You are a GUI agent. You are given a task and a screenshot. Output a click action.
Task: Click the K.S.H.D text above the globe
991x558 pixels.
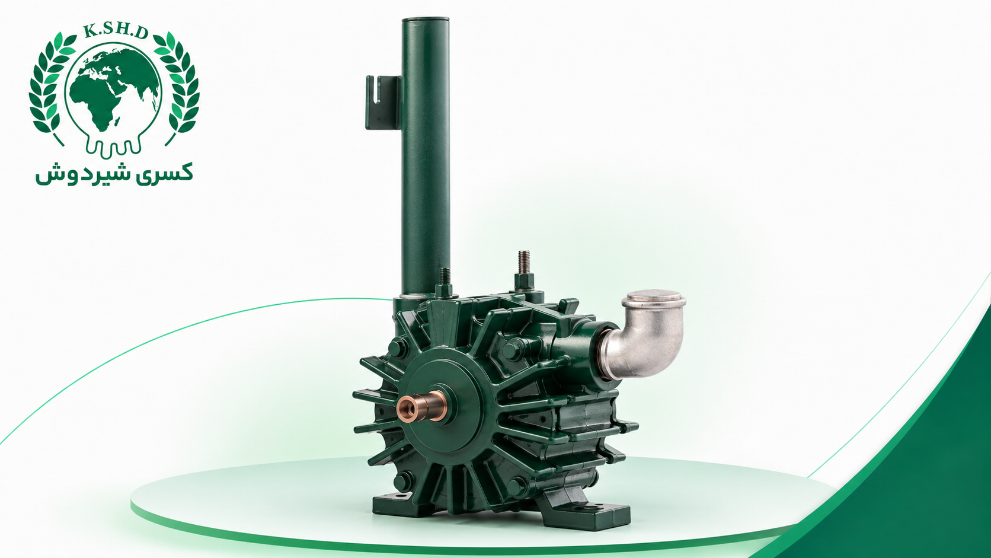pos(115,32)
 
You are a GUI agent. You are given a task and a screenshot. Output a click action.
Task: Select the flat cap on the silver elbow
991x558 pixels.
pos(654,299)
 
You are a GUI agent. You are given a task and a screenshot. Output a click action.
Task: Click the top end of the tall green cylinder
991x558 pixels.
pos(425,21)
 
